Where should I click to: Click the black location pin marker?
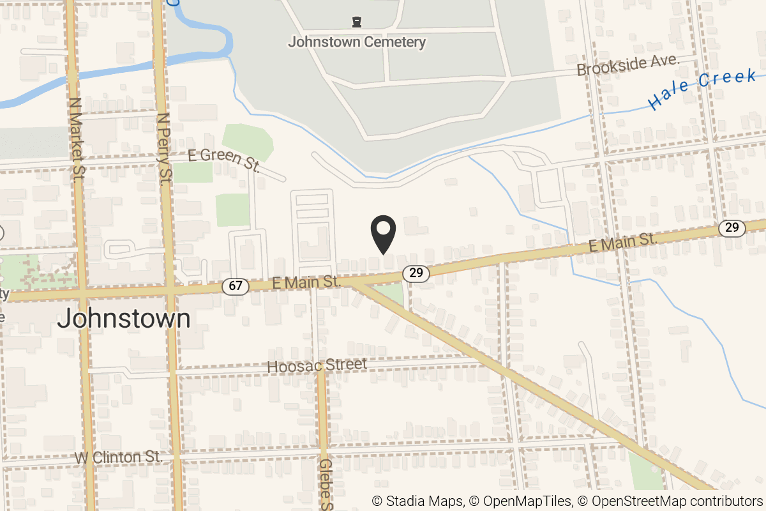click(x=384, y=234)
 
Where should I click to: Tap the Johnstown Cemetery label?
click(x=357, y=43)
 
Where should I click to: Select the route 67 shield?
click(x=236, y=286)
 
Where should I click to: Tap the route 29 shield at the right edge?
click(x=732, y=228)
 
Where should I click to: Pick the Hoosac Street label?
click(x=317, y=366)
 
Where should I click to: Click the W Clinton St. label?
click(x=119, y=458)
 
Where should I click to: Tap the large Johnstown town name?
click(x=124, y=319)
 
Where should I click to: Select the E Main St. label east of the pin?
click(x=622, y=241)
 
